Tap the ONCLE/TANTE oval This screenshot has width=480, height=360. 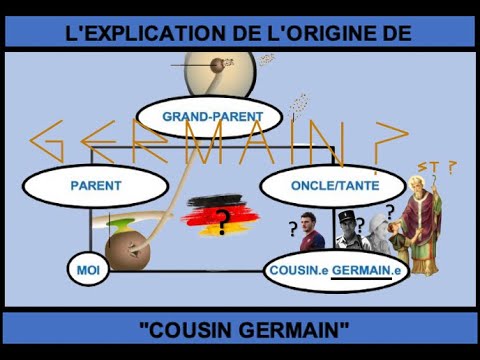pos(333,186)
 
